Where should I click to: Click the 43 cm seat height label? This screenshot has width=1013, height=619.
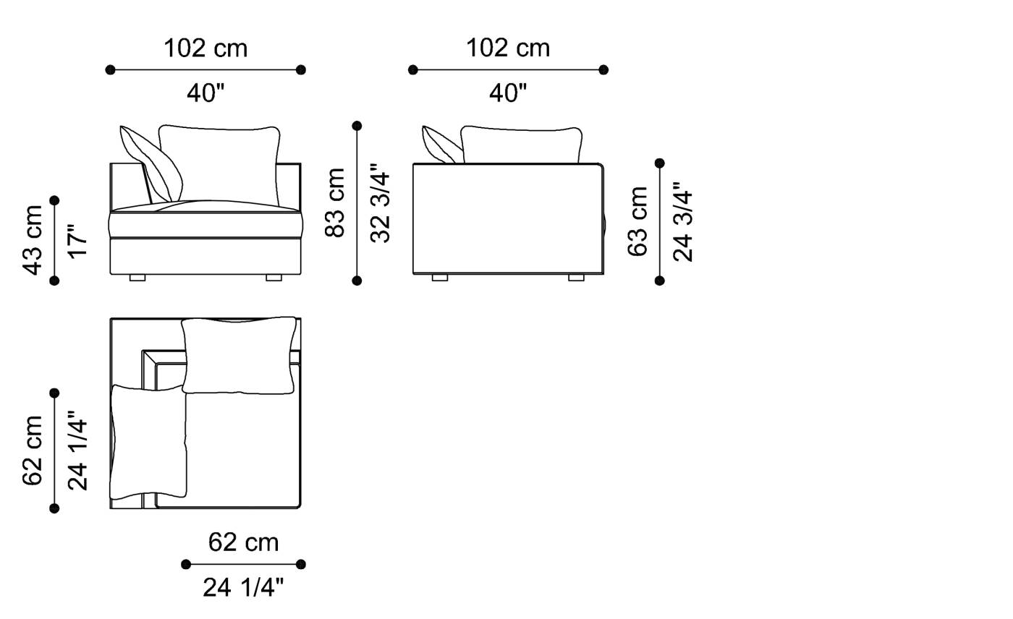click(33, 240)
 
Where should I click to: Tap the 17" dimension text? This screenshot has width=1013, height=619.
click(78, 240)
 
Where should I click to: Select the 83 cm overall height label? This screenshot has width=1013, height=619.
click(335, 202)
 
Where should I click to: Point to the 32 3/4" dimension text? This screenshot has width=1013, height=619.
click(381, 207)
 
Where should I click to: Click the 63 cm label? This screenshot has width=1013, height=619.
click(637, 221)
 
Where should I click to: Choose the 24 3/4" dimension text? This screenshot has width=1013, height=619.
click(683, 221)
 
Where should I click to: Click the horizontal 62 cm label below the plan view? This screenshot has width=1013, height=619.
click(243, 542)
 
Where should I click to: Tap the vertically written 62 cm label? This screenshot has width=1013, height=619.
click(33, 450)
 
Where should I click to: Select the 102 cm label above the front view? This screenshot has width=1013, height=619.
click(205, 48)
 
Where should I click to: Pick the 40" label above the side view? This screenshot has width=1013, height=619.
click(508, 93)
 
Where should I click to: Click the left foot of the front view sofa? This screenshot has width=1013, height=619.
click(137, 278)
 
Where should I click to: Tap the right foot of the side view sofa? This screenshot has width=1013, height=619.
click(576, 278)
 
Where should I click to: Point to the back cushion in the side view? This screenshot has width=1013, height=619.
click(521, 145)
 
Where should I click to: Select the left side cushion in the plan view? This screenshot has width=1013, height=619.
click(148, 443)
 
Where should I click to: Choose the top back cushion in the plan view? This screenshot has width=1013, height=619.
click(239, 355)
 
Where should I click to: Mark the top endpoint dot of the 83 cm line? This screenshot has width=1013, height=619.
click(357, 126)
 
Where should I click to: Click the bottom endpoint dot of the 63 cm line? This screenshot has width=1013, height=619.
click(659, 281)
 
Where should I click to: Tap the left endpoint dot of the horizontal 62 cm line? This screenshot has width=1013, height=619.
click(186, 564)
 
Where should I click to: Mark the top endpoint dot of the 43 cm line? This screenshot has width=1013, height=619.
click(54, 200)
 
